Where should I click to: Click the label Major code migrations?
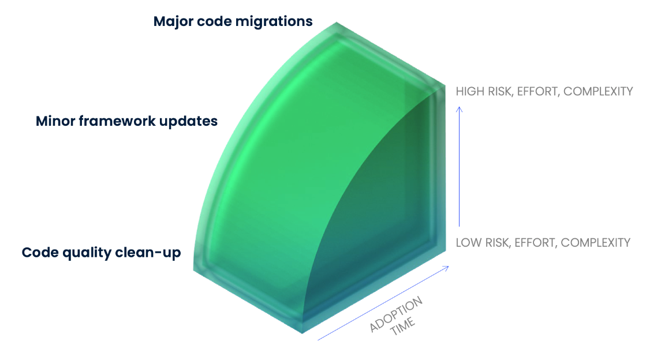[x=233, y=21]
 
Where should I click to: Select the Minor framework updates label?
[x=126, y=121]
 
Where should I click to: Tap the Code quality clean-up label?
[x=101, y=253]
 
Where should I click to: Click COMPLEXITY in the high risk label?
[x=598, y=91]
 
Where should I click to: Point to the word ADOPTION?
[x=396, y=314]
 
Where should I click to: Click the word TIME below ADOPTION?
[x=403, y=327]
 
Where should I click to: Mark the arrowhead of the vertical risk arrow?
[x=460, y=108]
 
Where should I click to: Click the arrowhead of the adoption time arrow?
[x=446, y=268]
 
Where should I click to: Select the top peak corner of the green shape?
[x=337, y=22]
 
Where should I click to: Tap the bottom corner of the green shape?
[x=303, y=333]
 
